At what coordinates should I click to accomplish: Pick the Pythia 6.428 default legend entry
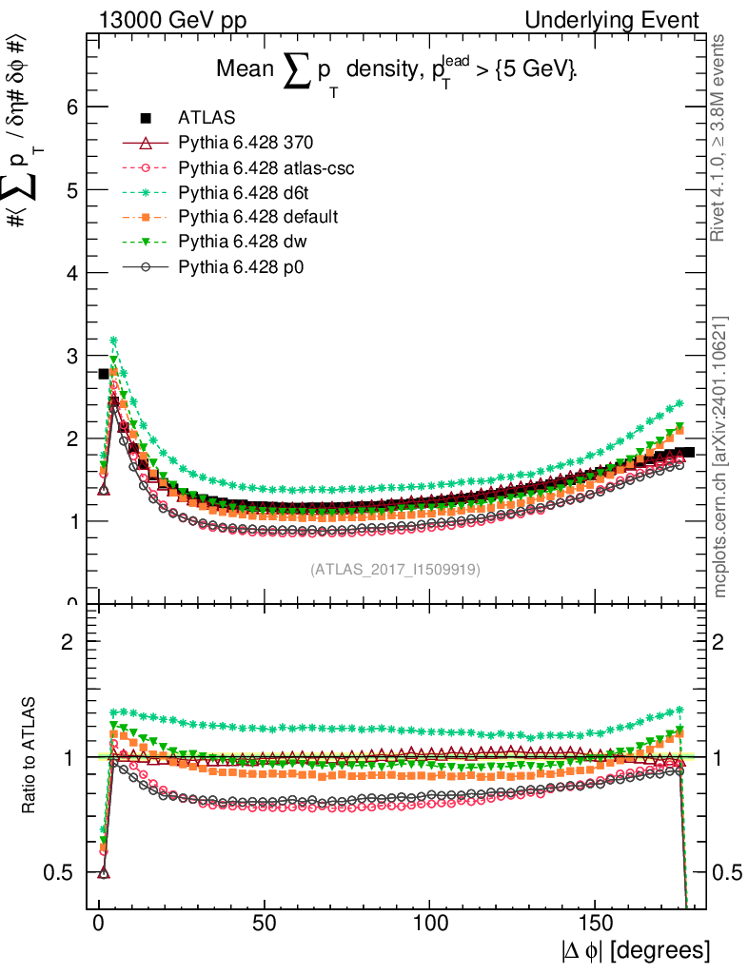point(258,217)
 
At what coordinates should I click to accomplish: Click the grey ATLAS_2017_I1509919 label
point(395,570)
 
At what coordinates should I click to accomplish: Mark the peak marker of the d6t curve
point(114,341)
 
